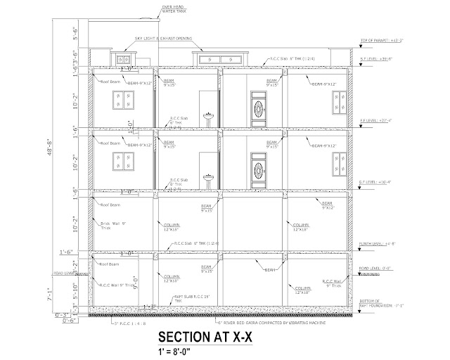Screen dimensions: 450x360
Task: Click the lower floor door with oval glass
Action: pyautogui.click(x=259, y=170)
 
